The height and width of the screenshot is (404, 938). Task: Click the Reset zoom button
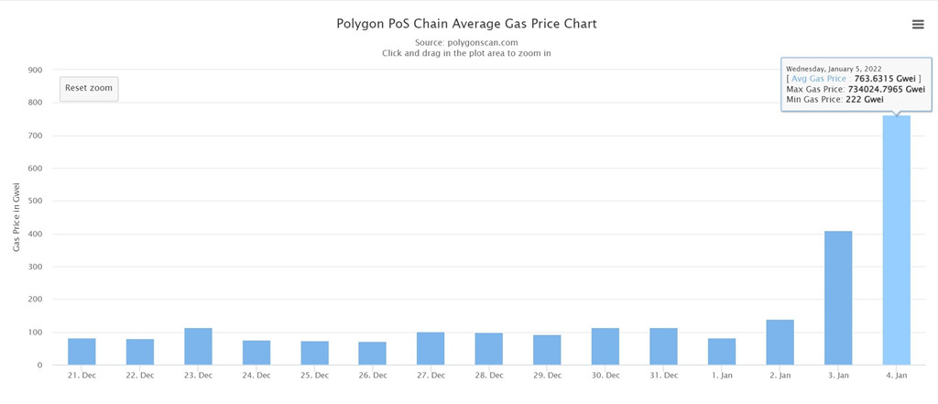point(89,88)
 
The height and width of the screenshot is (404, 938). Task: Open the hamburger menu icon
point(918,25)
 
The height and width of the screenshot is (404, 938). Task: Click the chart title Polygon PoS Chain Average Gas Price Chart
point(467,24)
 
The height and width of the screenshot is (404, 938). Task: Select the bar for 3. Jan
point(838,298)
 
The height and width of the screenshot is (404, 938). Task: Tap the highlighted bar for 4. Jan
point(896,240)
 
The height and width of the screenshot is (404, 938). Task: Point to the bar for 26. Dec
point(372,353)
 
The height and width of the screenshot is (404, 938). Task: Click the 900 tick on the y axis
point(35,70)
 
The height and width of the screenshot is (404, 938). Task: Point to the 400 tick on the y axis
point(35,234)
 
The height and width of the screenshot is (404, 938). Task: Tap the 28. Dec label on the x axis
point(488,376)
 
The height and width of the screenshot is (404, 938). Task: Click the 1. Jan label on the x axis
point(722,376)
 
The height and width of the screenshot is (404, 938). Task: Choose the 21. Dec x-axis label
point(82,376)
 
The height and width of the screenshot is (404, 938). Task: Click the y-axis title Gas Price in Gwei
point(16,217)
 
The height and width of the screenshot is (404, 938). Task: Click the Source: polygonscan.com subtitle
point(466,42)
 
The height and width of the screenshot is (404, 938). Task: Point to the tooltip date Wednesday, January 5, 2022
point(833,69)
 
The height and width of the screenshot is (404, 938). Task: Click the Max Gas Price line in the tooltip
point(856,89)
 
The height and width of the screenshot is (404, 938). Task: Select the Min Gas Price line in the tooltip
point(834,99)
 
